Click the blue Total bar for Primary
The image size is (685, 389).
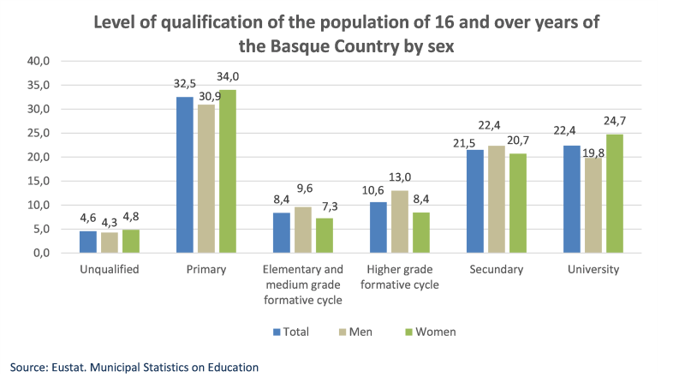184,175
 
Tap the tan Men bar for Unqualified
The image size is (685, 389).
109,242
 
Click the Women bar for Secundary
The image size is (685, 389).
518,203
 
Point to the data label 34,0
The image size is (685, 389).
227,76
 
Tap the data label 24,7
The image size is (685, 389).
616,121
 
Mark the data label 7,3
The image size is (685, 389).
325,205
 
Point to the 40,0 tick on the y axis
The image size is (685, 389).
41,61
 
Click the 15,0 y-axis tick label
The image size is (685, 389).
41,181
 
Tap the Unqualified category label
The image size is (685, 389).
109,269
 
